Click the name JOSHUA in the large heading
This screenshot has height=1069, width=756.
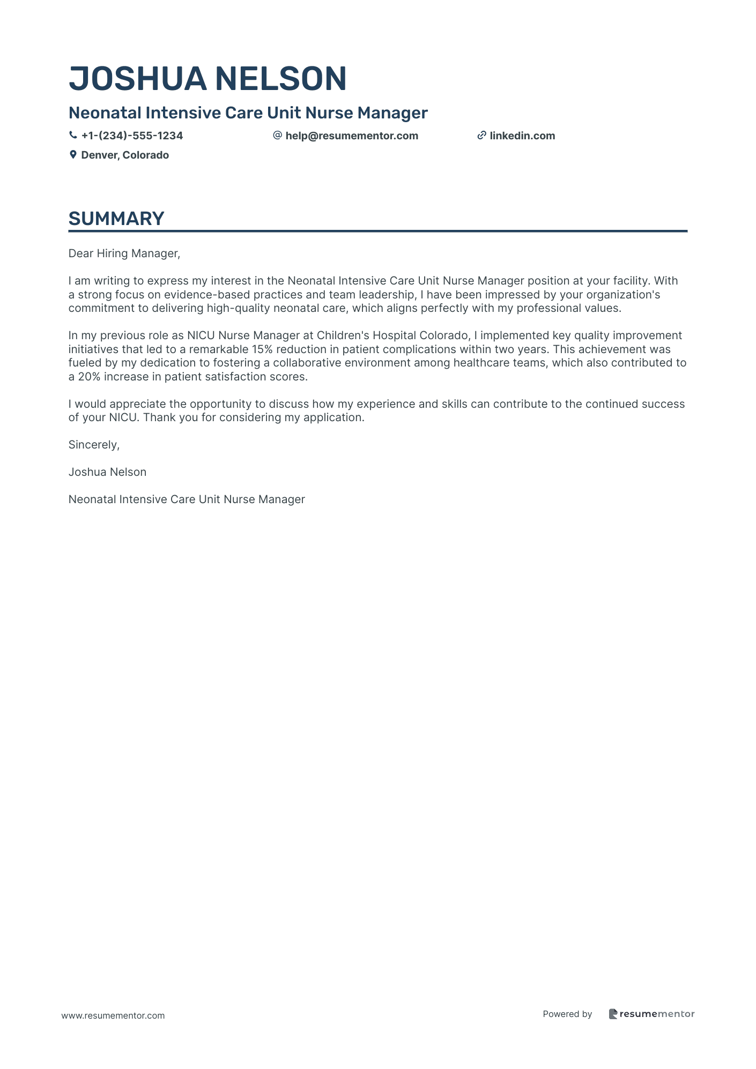point(137,79)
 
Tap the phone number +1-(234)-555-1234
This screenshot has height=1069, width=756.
point(132,136)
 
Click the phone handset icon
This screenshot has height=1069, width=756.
point(73,136)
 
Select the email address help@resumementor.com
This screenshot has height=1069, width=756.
point(352,136)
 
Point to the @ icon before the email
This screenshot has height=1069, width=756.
point(277,136)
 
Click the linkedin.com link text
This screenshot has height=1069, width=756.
point(522,136)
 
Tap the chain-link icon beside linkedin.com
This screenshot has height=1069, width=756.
point(481,136)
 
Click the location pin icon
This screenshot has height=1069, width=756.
point(73,155)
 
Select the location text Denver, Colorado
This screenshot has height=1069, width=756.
point(125,155)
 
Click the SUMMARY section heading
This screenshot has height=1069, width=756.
point(116,219)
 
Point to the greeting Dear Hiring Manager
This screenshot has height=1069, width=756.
point(124,253)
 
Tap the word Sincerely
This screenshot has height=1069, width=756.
point(94,445)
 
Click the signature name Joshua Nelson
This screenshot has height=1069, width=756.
point(107,472)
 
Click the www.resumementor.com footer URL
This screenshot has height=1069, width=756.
point(113,1015)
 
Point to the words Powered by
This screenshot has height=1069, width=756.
point(567,1014)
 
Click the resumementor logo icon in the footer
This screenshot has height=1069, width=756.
point(613,1014)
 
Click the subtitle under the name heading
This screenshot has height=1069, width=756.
point(248,113)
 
